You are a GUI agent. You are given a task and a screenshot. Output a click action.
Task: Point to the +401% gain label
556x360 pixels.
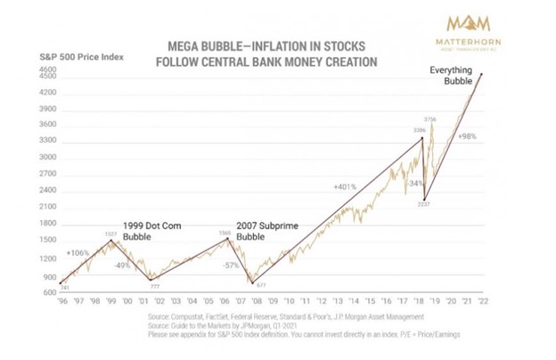click(x=346, y=188)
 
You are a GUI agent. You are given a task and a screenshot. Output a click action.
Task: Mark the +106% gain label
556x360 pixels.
click(x=77, y=253)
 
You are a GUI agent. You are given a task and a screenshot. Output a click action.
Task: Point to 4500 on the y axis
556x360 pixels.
click(x=48, y=77)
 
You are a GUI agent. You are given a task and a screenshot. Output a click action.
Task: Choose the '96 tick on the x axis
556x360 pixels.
click(x=63, y=302)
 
